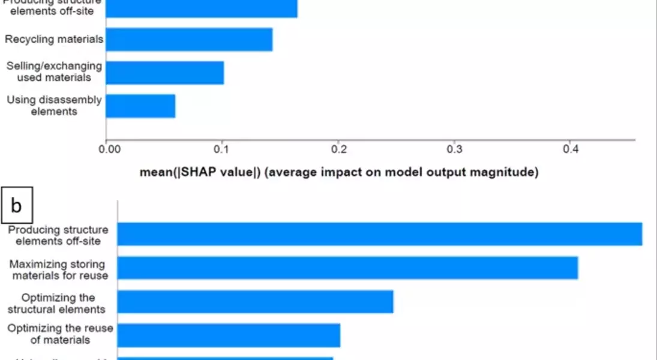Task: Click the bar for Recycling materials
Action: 189,40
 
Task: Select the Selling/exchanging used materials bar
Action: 165,73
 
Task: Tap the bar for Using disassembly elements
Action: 140,106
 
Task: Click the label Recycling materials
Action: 54,40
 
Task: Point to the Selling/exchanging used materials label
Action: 54,71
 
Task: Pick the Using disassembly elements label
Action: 54,105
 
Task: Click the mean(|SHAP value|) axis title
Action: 339,173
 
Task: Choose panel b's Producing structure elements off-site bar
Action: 379,234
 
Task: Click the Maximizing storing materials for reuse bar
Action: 347,268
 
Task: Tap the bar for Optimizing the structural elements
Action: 255,302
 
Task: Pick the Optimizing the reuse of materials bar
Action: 229,335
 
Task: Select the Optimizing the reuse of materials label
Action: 60,334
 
